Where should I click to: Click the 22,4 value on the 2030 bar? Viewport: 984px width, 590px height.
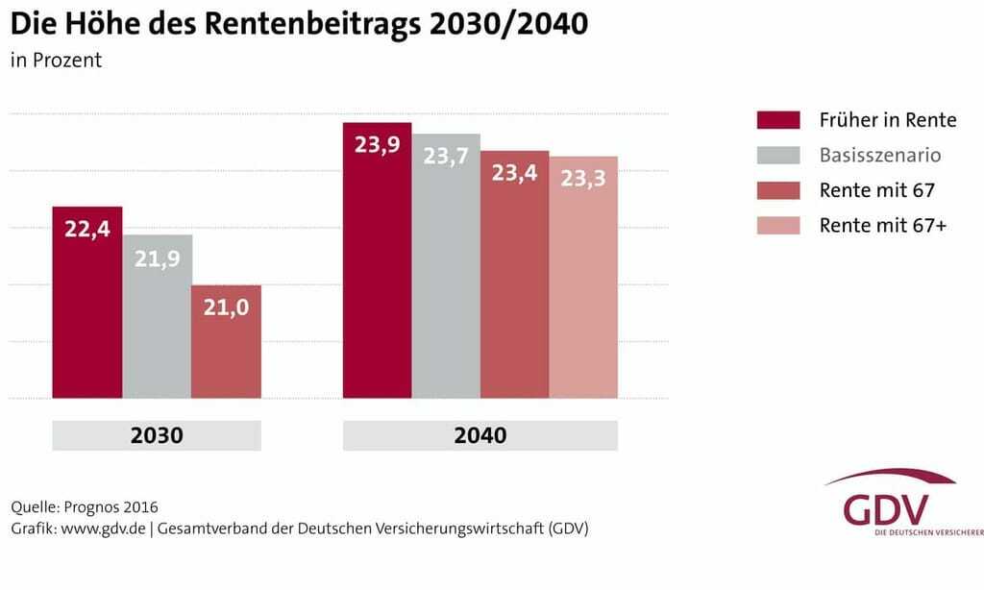coord(86,231)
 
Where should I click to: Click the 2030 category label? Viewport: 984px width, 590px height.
coord(157,435)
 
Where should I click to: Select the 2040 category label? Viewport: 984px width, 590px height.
coord(480,435)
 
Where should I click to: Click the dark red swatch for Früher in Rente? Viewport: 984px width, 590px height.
coord(778,120)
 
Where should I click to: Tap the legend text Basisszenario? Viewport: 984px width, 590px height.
coord(880,155)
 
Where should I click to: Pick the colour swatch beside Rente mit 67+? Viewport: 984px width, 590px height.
coord(778,226)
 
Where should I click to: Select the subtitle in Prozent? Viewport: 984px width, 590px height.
coord(56,61)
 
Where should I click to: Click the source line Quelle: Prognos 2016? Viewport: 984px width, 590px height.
coord(85,506)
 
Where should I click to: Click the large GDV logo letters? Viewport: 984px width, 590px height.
coord(886,508)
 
